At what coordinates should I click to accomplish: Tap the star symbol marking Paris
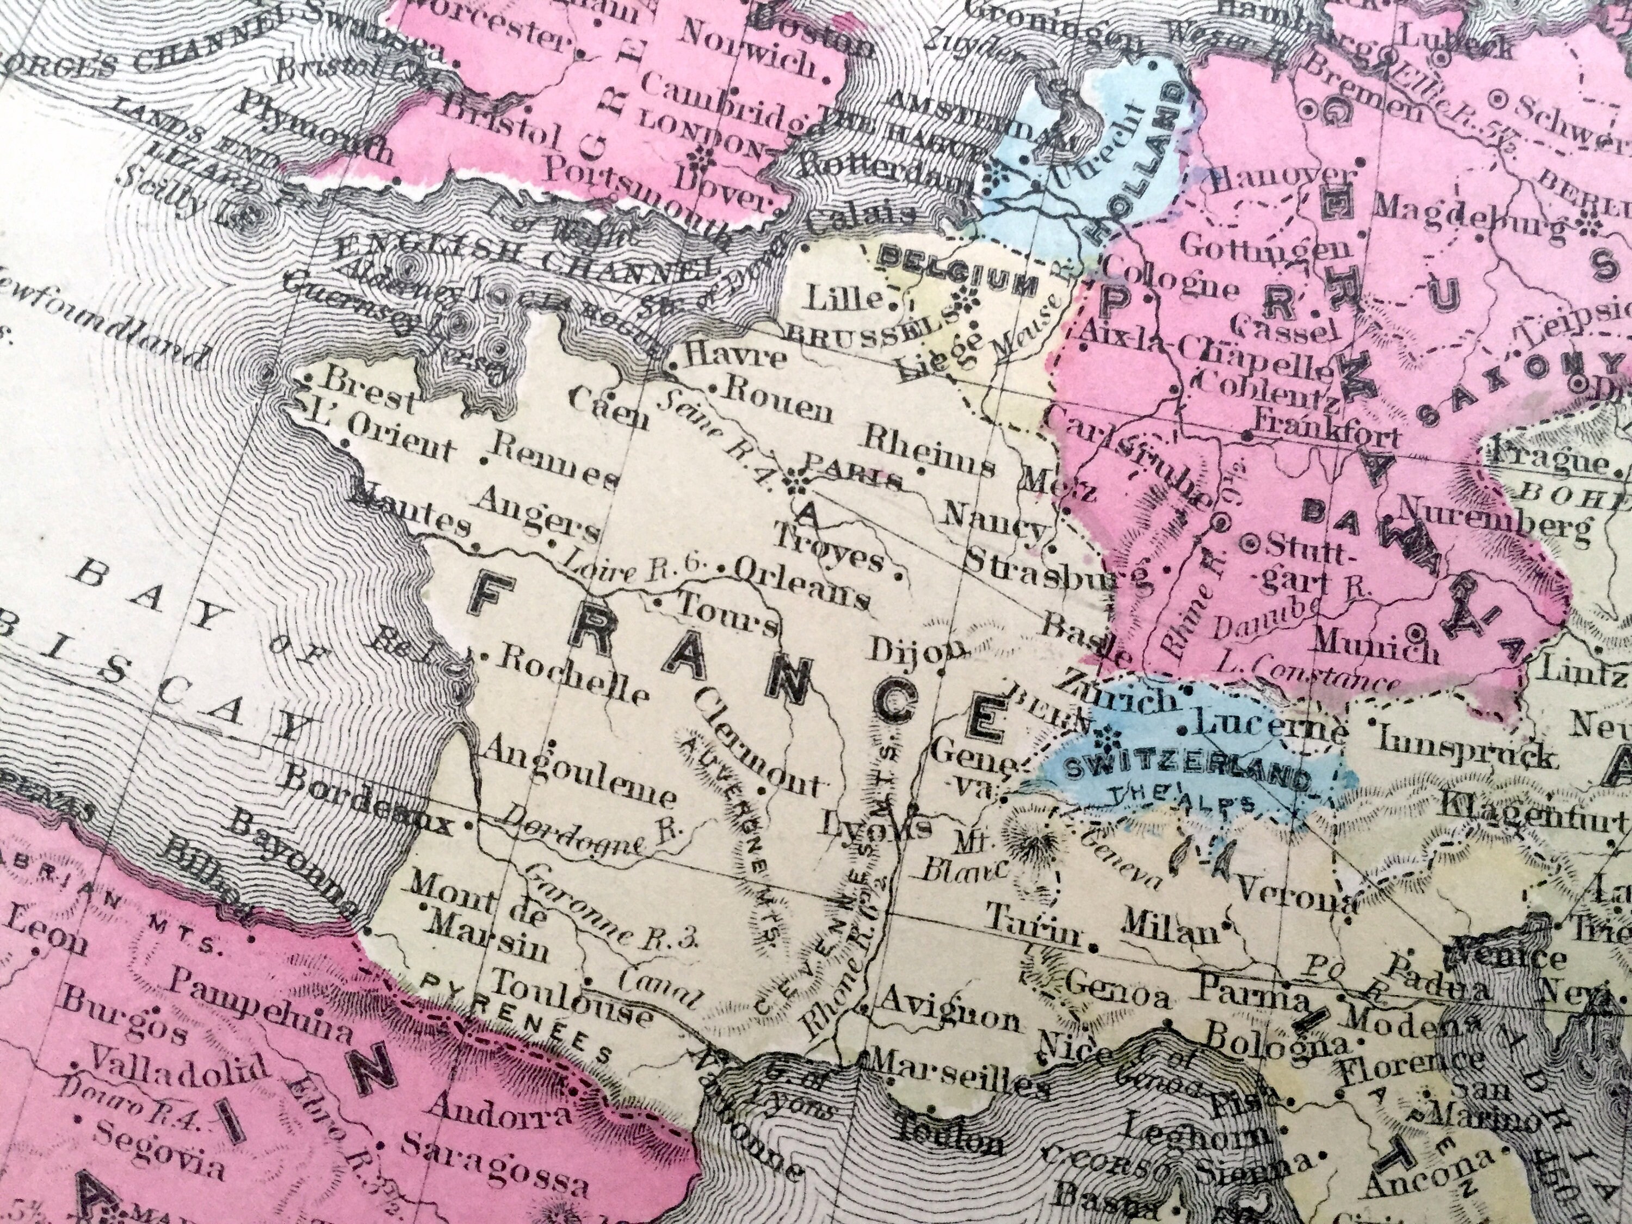[795, 483]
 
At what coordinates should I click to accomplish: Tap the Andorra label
[499, 1110]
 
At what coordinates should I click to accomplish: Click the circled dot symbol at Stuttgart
[1251, 544]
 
